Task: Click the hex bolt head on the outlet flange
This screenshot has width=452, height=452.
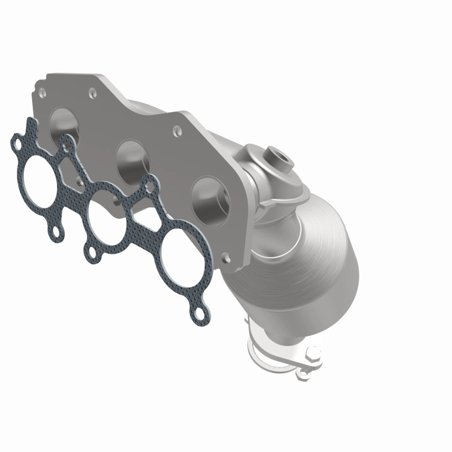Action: point(311,357)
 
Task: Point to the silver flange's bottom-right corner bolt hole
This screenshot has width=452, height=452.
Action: point(227,257)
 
